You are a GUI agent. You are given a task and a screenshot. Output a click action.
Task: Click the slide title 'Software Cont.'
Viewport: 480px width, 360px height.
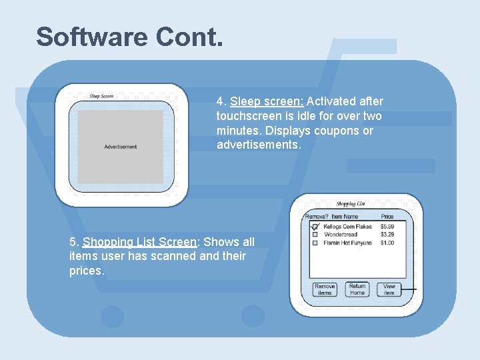point(129,37)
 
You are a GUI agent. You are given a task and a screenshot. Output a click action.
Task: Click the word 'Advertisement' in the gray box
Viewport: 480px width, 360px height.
point(121,147)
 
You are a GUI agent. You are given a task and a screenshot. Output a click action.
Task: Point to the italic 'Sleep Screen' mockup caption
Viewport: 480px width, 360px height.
point(101,96)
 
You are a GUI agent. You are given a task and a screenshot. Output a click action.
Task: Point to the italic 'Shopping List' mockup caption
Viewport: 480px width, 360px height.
point(351,204)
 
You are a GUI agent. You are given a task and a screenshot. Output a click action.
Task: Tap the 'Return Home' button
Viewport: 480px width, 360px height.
point(357,289)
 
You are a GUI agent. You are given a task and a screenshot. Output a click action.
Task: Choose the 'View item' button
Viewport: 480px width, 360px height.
point(389,289)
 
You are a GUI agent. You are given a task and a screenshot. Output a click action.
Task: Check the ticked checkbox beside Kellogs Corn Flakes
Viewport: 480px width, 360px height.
point(315,227)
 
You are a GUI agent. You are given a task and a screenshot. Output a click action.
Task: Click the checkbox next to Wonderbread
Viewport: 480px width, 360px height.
point(315,235)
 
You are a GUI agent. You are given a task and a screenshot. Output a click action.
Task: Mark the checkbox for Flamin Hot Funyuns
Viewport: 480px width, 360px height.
point(315,243)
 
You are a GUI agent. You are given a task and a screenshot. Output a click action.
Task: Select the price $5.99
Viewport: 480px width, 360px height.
point(387,227)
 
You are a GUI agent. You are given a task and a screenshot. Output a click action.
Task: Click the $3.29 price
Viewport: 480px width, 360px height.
point(387,235)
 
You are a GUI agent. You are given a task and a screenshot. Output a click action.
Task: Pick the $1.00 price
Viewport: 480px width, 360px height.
point(387,243)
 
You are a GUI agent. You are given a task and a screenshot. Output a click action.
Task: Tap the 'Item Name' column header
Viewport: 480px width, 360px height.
point(345,217)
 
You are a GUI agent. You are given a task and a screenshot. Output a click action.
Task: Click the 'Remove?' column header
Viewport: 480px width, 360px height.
point(316,217)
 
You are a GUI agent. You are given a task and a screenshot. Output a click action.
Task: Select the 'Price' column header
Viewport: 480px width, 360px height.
point(387,217)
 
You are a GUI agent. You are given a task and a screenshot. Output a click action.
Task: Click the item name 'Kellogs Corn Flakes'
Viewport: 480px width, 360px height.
point(347,227)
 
